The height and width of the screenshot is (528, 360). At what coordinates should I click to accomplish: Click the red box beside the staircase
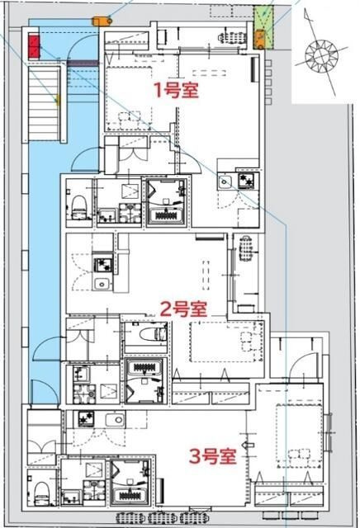click(x=34, y=46)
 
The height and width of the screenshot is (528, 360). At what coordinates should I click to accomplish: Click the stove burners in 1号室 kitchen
click(x=246, y=181)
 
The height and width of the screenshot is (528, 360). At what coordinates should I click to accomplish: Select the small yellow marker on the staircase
click(x=56, y=101)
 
